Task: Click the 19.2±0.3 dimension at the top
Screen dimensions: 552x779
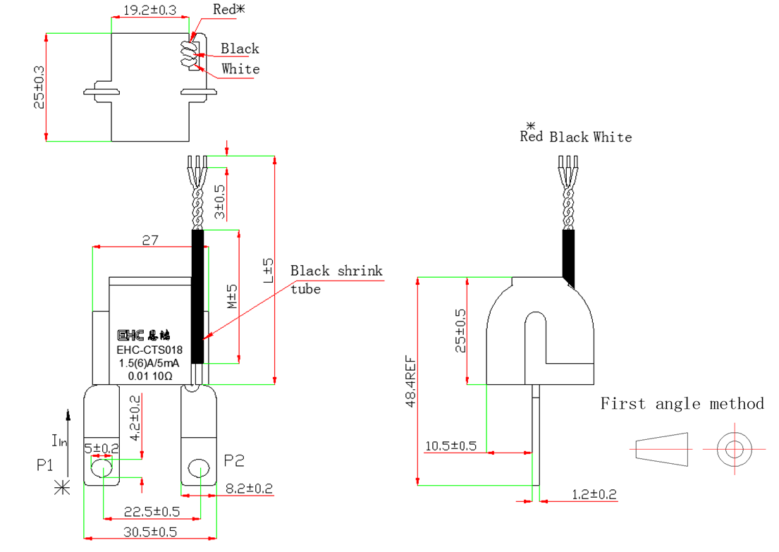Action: [x=149, y=11]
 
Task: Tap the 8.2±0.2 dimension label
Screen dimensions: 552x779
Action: [x=249, y=488]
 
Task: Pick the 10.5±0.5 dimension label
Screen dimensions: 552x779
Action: [x=451, y=446]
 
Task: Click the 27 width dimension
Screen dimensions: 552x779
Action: [x=150, y=240]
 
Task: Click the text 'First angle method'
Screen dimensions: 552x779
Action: [x=682, y=403]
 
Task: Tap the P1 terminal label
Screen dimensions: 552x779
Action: [x=46, y=465]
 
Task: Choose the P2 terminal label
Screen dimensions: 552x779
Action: [x=234, y=461]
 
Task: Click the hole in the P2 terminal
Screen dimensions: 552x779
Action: [x=199, y=468]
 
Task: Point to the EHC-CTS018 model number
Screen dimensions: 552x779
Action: [x=149, y=350]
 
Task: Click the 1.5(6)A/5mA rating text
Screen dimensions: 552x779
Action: [x=149, y=363]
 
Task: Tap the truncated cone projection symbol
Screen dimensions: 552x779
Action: [x=661, y=448]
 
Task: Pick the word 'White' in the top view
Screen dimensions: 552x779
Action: [x=240, y=69]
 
